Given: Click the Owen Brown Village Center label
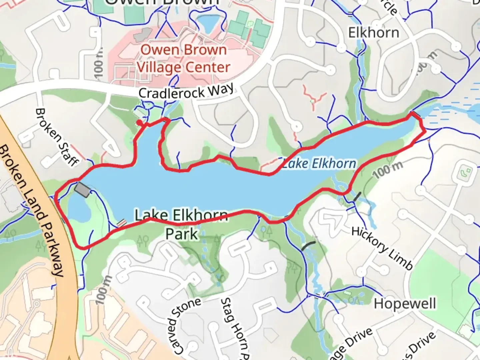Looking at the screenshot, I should point(183,59).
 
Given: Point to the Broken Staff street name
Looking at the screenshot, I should point(57,137).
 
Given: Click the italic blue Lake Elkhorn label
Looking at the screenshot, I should point(319,164).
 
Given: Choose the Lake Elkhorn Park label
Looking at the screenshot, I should point(181,224).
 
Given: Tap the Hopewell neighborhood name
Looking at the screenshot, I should point(405,304).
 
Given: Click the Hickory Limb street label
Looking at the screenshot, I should point(382,248).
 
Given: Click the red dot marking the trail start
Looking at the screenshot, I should point(139,123).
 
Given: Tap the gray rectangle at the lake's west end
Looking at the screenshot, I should point(82,190).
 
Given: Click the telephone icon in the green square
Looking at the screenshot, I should point(465,172).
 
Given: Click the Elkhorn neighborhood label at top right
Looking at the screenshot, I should point(373,33).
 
